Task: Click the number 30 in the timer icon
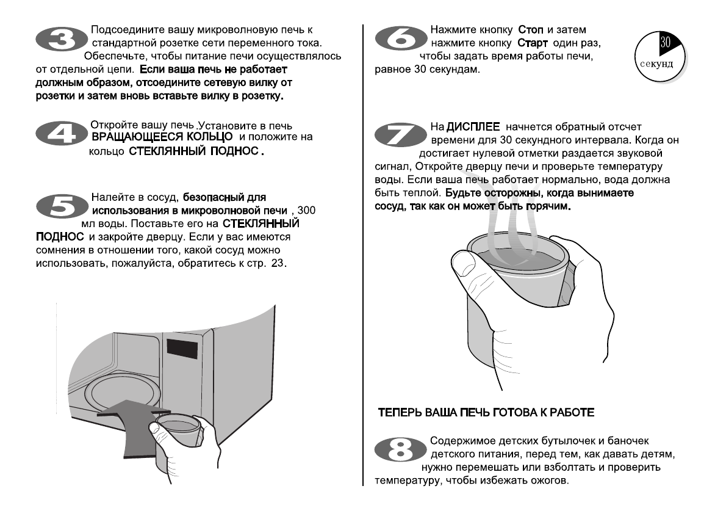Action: [x=666, y=43]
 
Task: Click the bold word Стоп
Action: [x=531, y=29]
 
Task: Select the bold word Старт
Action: [x=534, y=43]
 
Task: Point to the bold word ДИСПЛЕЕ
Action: [x=473, y=127]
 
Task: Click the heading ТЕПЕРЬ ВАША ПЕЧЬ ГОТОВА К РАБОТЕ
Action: [x=486, y=413]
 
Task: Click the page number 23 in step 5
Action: [x=279, y=263]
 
